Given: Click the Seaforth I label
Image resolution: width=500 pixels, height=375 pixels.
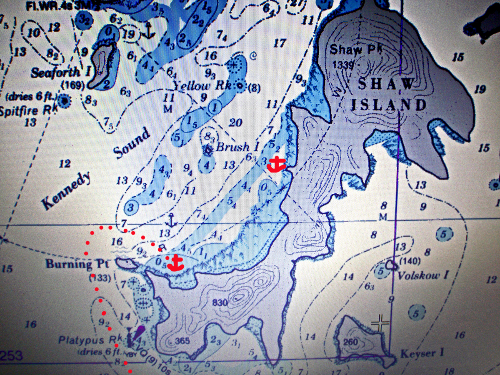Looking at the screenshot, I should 61,72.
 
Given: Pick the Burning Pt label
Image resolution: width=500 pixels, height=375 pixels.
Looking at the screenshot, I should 69,264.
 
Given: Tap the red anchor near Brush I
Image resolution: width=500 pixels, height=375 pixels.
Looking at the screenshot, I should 276,165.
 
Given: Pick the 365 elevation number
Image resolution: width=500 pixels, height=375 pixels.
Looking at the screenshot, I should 182,341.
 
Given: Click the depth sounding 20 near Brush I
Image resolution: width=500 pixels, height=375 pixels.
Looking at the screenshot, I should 235,122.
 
